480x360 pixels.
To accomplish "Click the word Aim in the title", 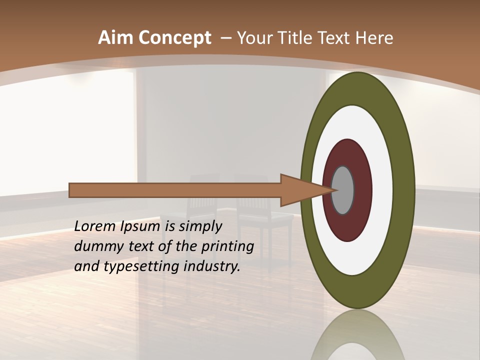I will tap(111, 38).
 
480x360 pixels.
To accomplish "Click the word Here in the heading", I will tap(374, 38).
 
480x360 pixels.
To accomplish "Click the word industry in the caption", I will tap(212, 266).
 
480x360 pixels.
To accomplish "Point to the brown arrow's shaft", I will tap(175, 190).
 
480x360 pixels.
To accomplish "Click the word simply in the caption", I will tap(200, 226).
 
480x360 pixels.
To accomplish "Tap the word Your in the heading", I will tap(254, 38).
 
